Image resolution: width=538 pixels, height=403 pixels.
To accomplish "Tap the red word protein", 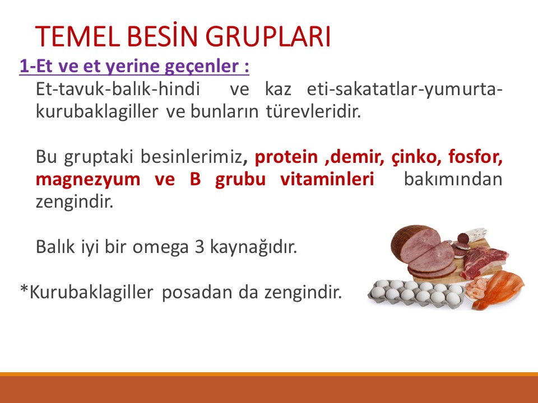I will coord(286,158).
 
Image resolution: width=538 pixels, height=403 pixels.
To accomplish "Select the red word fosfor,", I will coord(475,158).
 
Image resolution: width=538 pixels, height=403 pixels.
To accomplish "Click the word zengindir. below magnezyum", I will coord(74,201).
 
